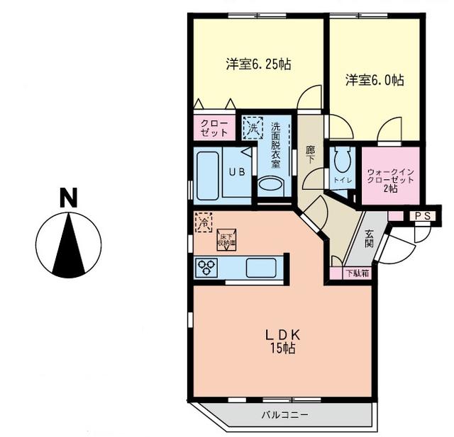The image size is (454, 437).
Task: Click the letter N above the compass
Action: click(x=68, y=198)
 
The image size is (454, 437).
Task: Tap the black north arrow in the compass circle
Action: click(x=68, y=245)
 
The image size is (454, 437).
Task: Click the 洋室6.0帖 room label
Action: click(x=375, y=80)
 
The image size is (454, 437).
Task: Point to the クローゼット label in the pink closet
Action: click(x=214, y=127)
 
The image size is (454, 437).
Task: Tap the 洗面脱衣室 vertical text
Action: click(x=275, y=145)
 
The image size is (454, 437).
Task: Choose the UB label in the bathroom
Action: click(x=236, y=171)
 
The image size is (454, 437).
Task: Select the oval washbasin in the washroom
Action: click(x=270, y=185)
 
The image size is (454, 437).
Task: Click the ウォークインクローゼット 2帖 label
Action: click(x=387, y=178)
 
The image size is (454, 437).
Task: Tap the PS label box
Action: click(x=423, y=216)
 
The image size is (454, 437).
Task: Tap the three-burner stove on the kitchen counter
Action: click(x=210, y=268)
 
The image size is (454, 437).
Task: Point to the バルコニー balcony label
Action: click(x=284, y=414)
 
